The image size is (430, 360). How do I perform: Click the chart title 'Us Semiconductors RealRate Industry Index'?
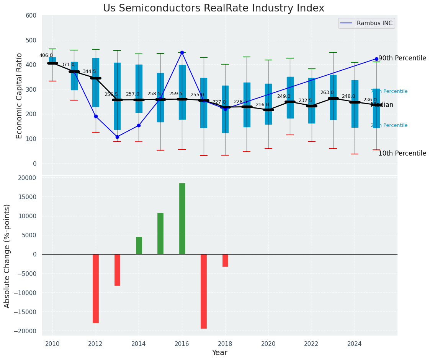[213, 8]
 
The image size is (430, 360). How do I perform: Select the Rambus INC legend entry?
[366, 23]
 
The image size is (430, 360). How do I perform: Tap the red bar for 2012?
[96, 289]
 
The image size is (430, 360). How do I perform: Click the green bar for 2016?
[182, 219]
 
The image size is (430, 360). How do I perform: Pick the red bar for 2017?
[204, 291]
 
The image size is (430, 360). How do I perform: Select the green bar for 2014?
[139, 245]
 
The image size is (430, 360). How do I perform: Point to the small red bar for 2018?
[225, 260]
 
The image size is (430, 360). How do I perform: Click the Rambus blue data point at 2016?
[182, 52]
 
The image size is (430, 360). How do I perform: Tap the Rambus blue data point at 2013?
[117, 137]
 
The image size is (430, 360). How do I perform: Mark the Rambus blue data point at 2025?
[376, 59]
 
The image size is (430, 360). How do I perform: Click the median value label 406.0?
[46, 55]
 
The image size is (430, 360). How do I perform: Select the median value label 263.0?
[327, 92]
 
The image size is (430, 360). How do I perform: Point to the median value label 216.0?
[262, 105]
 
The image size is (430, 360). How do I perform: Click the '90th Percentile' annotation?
[402, 58]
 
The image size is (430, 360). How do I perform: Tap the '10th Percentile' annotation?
[402, 154]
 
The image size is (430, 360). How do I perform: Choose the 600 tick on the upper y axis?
[31, 16]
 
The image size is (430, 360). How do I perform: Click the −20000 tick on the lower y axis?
[25, 331]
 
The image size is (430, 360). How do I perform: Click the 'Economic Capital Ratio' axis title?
[20, 95]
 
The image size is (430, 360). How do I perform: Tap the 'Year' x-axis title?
[220, 353]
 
